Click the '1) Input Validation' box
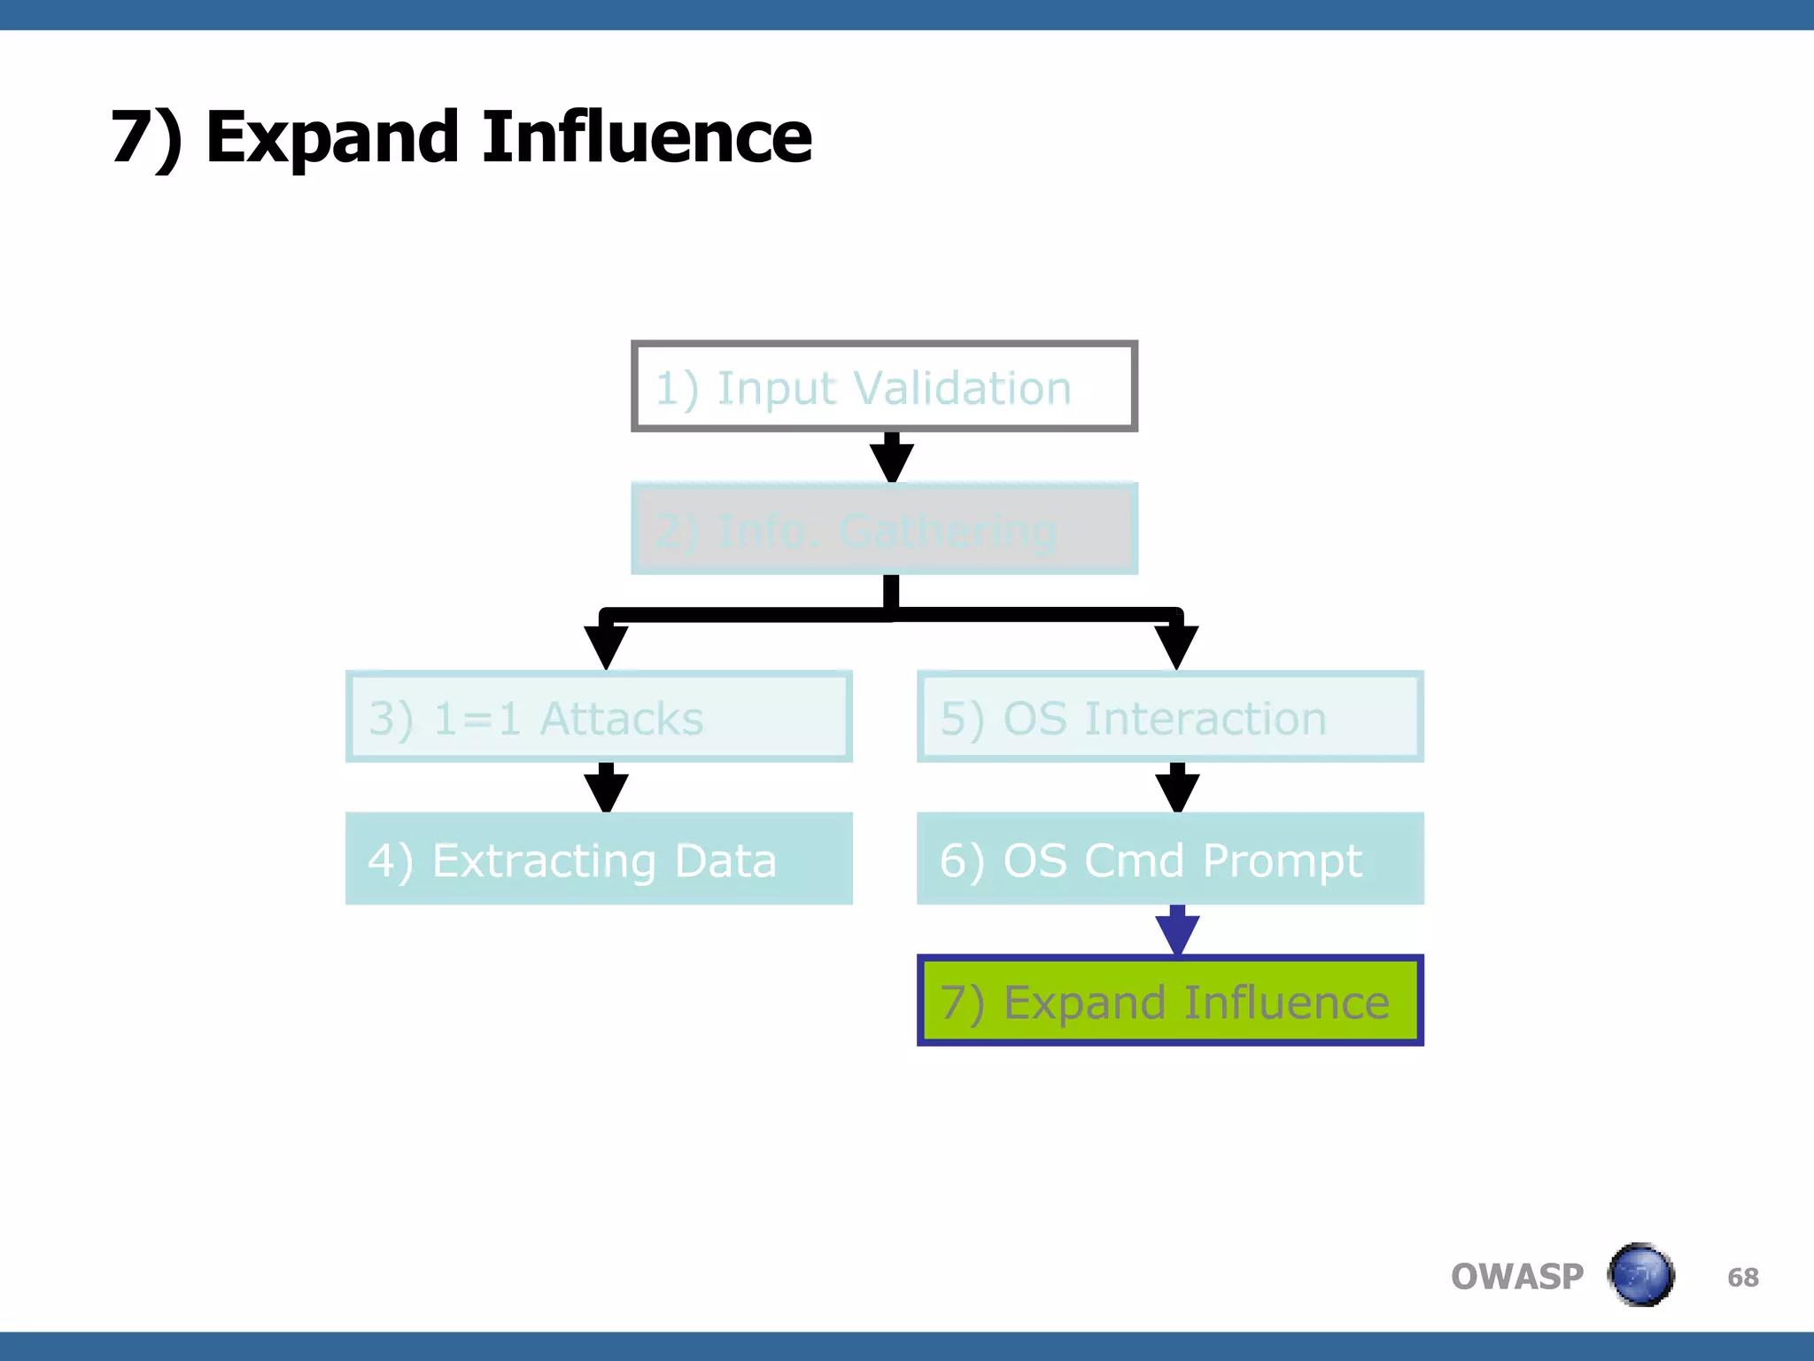(x=884, y=386)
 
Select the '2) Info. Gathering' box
(x=884, y=529)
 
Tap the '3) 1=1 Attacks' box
(x=599, y=717)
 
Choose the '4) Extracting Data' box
(x=599, y=859)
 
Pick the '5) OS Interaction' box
(x=1170, y=717)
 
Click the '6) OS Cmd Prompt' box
(x=1170, y=859)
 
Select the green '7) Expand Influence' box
(x=1170, y=1000)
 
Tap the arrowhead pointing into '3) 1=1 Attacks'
(x=606, y=646)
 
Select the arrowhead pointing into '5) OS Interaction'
(x=1176, y=646)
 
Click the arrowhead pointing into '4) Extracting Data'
(x=606, y=791)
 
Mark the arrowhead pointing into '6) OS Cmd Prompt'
(x=1177, y=791)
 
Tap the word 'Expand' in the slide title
(x=332, y=139)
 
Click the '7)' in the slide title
(x=146, y=139)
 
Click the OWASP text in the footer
(x=1516, y=1277)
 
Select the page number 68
(x=1742, y=1277)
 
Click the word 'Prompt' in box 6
(x=1282, y=861)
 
